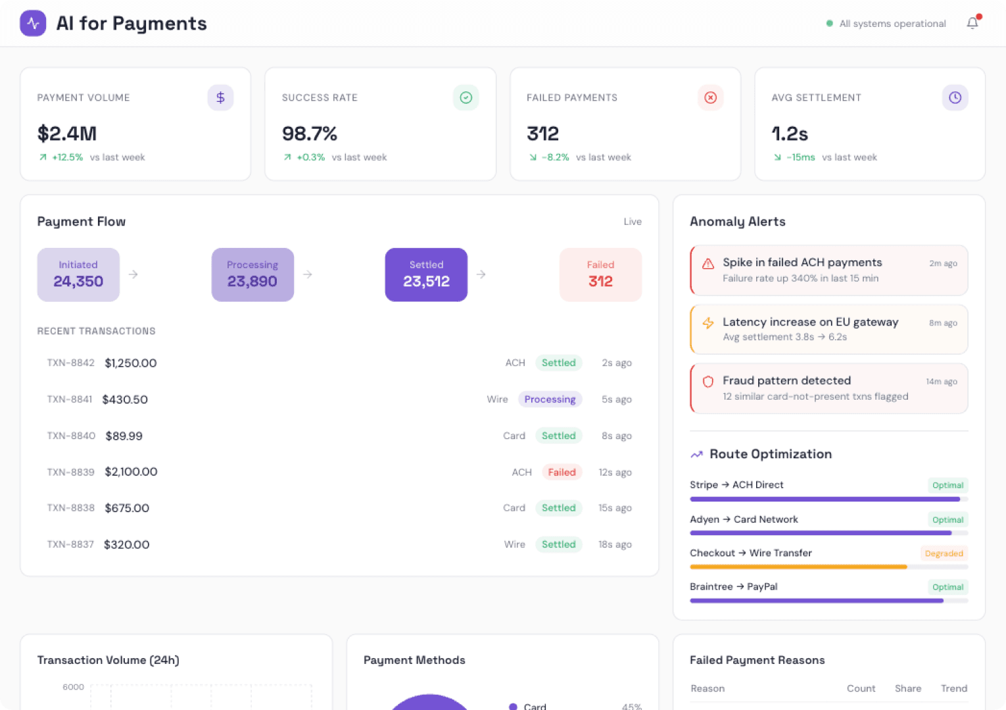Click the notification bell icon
pos(972,24)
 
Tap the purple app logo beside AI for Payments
pos(33,24)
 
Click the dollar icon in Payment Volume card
pos(220,97)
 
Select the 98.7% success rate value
pos(310,133)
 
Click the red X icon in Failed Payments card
pos(710,97)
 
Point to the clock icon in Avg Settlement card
pos(955,97)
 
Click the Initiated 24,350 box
pos(78,274)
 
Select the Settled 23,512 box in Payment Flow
pos(426,274)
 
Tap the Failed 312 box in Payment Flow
pos(600,274)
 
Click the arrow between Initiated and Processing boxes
pos(133,274)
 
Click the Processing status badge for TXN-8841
pos(550,399)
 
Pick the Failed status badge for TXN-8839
pos(562,472)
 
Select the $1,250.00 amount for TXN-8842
pos(131,363)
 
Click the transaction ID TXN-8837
pos(70,544)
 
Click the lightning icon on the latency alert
pos(708,323)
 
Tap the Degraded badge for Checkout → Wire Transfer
pos(944,554)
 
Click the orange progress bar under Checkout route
pos(798,567)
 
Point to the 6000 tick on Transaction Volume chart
pos(73,687)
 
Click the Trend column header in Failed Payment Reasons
pos(953,688)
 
